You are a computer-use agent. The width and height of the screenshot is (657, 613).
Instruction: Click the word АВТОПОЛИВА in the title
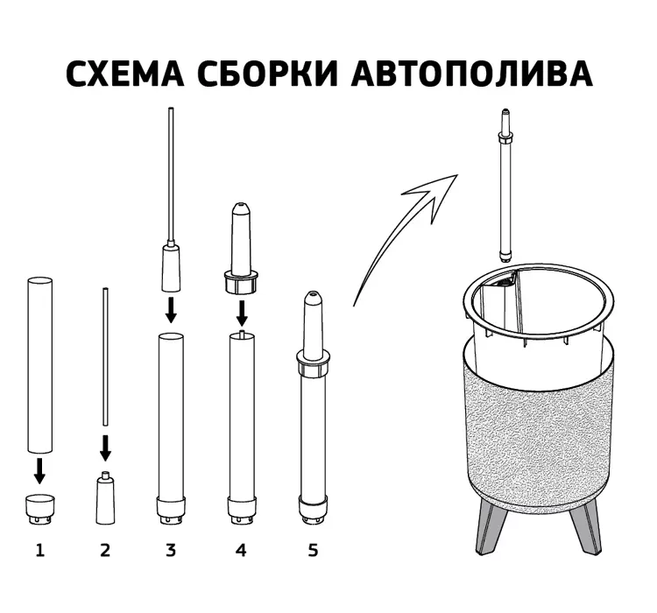pos(474,74)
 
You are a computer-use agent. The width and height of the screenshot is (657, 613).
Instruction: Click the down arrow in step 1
pos(39,471)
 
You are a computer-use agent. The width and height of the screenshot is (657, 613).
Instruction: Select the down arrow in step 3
pos(171,308)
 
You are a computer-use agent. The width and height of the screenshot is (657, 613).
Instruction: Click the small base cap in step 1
pos(39,507)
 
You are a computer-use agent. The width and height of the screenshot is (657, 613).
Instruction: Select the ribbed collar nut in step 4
pos(241,283)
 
